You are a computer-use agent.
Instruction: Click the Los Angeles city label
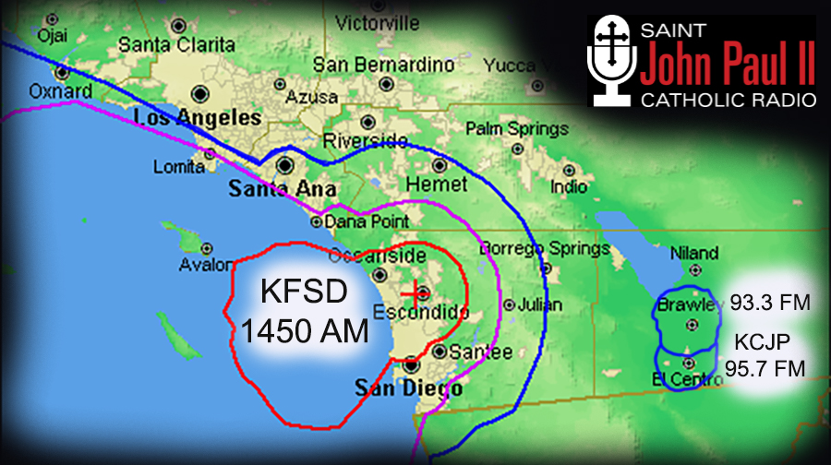198,118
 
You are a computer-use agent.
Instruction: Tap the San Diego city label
409,388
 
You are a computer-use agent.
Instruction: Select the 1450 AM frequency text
305,329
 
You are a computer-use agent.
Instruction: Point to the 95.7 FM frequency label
765,368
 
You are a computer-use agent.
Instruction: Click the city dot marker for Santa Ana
285,166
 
